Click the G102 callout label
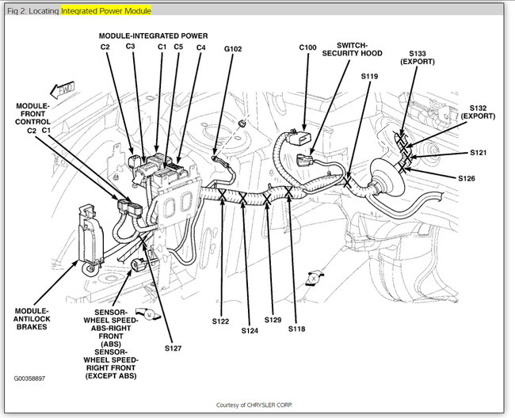233,48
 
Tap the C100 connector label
308,48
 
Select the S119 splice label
370,77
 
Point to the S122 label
220,321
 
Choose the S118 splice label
296,328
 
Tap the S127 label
174,347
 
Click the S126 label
467,178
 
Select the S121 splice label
479,153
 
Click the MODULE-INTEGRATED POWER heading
154,36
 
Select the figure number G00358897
29,378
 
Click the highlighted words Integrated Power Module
106,11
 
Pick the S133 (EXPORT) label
422,58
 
